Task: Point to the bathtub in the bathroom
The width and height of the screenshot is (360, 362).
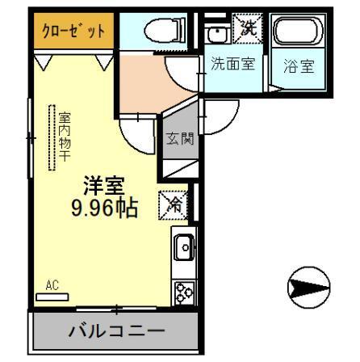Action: (296, 34)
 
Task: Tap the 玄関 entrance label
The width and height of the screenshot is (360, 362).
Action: (179, 138)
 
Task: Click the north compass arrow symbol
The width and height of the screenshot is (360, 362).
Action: (308, 286)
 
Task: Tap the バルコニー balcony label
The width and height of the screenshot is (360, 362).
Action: (115, 330)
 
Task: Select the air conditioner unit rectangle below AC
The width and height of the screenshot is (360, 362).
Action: (52, 296)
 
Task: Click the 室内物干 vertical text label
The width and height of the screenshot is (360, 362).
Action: (64, 137)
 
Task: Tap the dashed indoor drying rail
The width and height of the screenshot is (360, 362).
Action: (52, 137)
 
